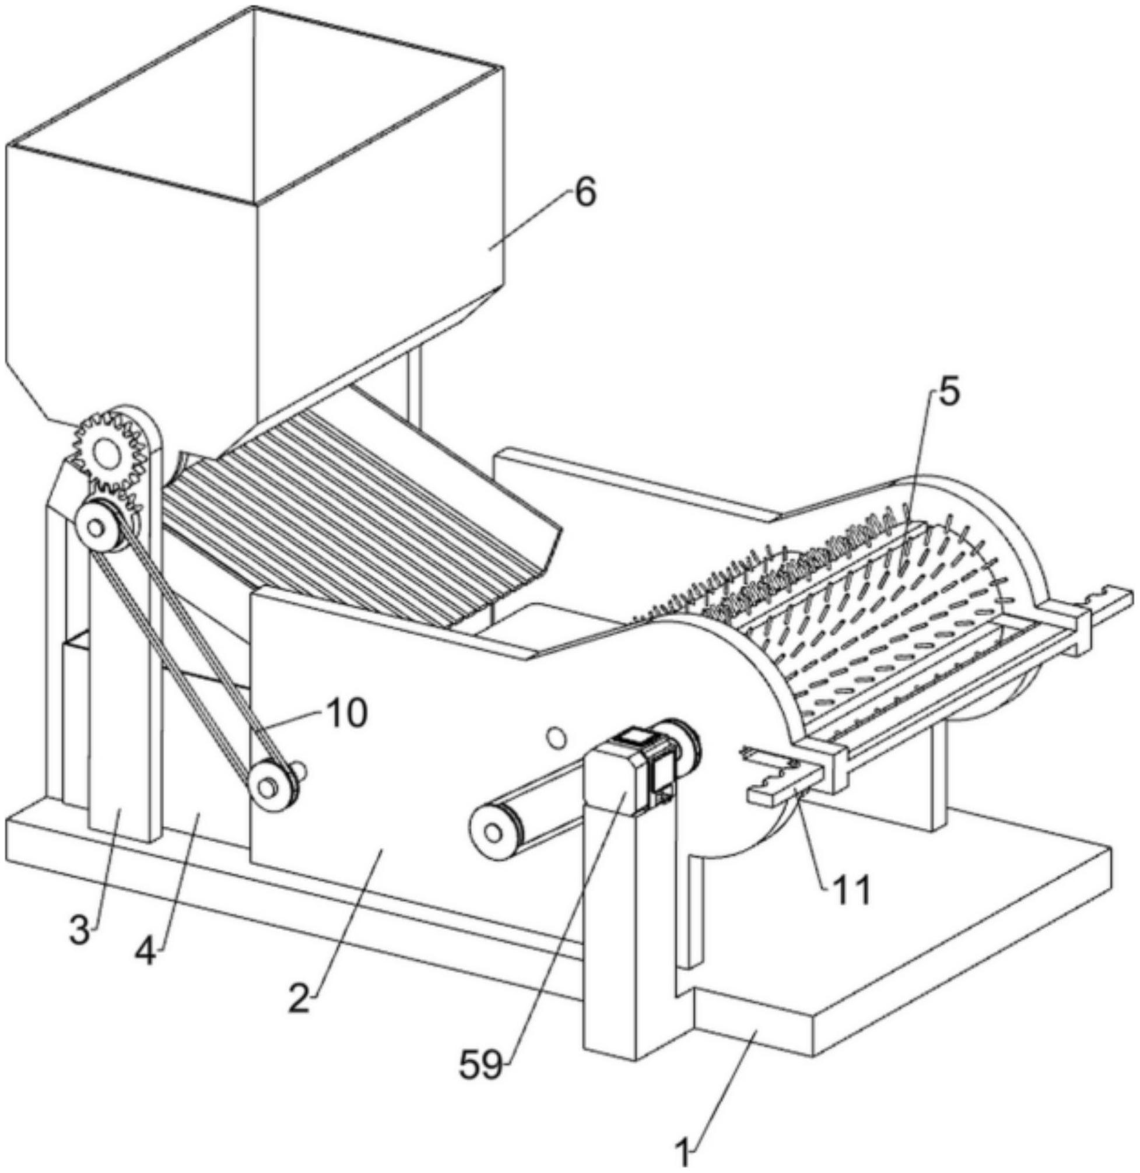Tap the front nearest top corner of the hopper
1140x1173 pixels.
click(256, 202)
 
